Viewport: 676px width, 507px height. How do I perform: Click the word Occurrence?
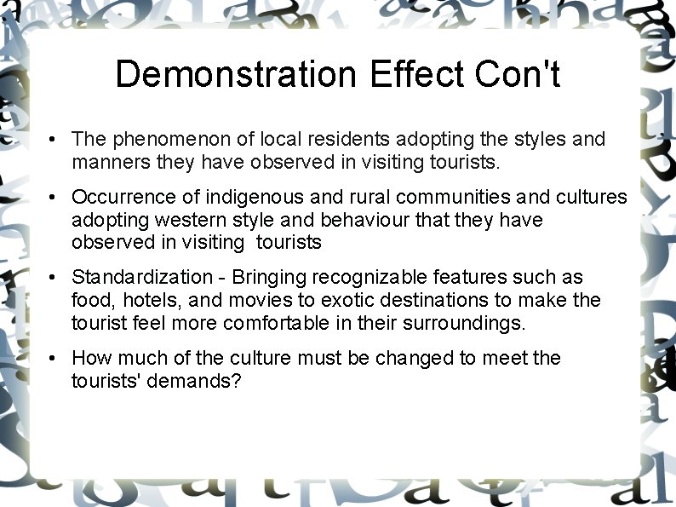pos(122,198)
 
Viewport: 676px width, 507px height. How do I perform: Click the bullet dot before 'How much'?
pos(53,359)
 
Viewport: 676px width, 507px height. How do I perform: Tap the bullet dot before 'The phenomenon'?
pos(53,140)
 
